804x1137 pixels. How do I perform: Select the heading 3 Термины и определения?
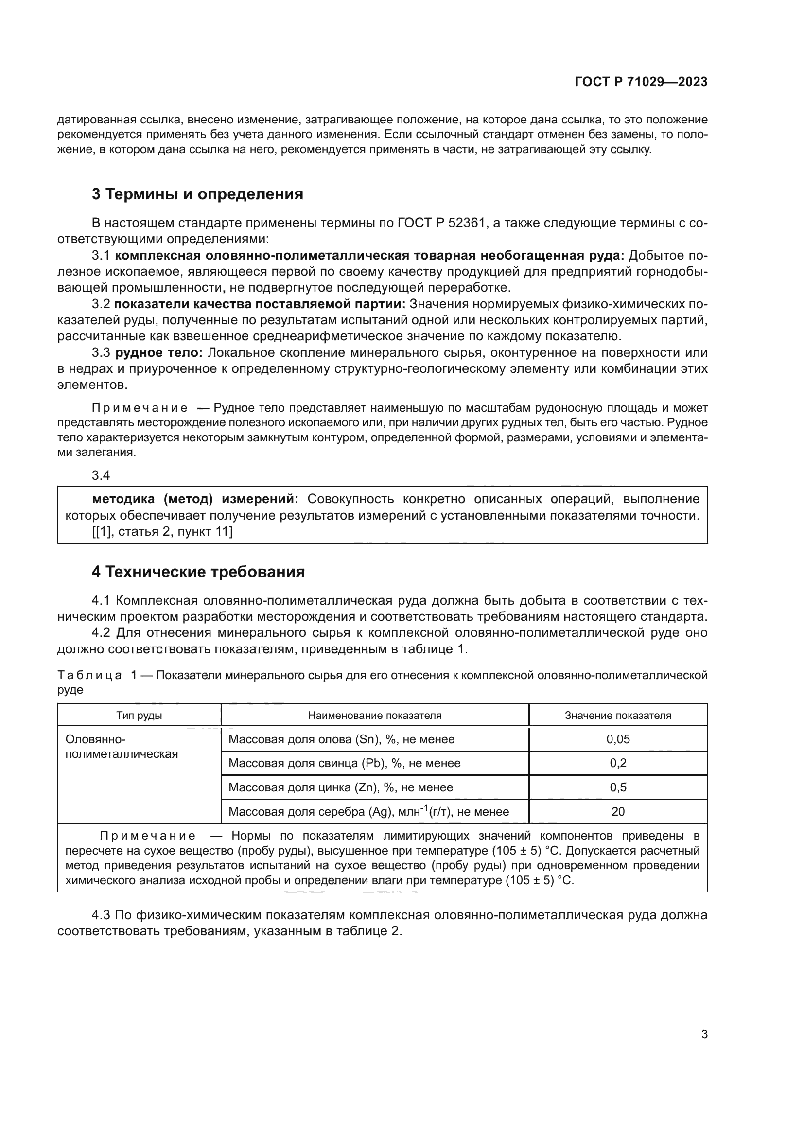coord(197,194)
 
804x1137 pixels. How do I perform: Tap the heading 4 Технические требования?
coord(198,572)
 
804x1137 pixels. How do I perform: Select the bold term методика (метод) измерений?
coord(195,499)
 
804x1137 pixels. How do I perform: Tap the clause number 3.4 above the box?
coord(101,475)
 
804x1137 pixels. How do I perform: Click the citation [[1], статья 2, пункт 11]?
coord(162,532)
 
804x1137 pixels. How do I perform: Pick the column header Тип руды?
coord(139,715)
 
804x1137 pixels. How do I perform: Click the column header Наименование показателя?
coord(374,715)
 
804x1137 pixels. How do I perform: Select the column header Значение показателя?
coord(618,715)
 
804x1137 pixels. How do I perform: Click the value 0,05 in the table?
coord(618,739)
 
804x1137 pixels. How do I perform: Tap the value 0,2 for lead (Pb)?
coord(618,763)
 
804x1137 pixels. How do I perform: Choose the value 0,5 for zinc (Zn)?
coord(618,787)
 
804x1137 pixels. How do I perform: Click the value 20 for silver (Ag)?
coord(618,812)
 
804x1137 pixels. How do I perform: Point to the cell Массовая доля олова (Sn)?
coord(341,739)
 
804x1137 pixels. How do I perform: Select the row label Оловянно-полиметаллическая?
coord(122,747)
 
